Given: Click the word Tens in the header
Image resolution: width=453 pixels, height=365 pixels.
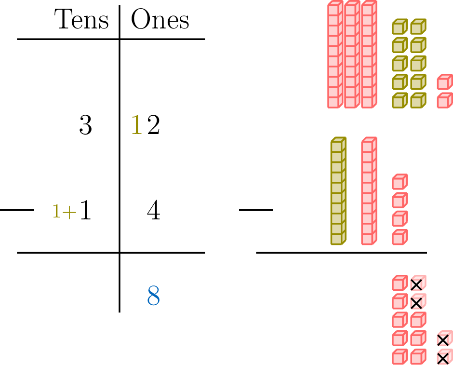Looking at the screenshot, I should click(82, 20).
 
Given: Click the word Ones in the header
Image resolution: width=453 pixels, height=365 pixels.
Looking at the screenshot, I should click(160, 20).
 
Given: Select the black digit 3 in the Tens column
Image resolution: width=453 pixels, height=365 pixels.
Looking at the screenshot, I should click(85, 126).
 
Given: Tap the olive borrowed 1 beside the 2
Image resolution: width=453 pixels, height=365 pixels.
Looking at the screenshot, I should click(137, 126).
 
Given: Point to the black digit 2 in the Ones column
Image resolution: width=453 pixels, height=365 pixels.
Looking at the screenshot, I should click(153, 126).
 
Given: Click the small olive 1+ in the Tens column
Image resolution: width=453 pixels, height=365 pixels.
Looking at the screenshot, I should click(64, 212).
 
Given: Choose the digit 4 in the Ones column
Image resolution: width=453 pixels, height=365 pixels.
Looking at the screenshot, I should click(153, 211).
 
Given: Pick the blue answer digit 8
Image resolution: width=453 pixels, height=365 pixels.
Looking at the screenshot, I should click(153, 296).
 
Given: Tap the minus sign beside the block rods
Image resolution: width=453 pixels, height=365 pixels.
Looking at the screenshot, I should click(256, 210).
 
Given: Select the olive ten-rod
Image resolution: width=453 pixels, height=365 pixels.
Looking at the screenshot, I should click(338, 191).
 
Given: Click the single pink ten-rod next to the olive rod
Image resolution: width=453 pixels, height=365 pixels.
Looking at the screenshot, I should click(369, 191).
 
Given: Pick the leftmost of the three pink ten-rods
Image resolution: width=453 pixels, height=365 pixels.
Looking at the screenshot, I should click(334, 55).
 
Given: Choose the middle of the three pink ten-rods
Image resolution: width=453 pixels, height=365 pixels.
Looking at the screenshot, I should click(352, 55).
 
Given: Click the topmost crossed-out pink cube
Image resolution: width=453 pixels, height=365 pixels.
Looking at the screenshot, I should click(417, 284).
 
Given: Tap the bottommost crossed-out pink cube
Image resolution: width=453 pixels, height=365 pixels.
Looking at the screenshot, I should click(443, 358).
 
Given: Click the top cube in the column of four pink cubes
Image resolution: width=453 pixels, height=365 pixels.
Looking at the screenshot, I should click(400, 182).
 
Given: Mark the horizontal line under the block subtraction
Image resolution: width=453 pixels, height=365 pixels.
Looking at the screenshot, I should click(341, 252).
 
